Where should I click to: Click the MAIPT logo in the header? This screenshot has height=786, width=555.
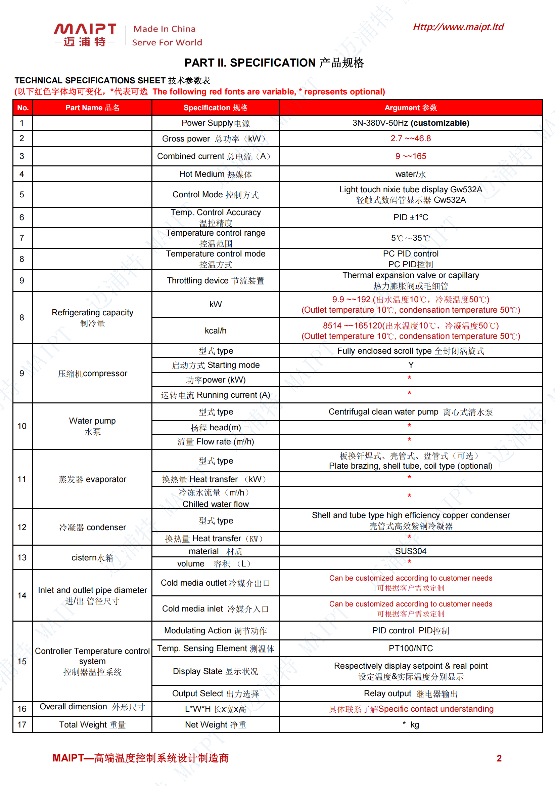click(85, 35)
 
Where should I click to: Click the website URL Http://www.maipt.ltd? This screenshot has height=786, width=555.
click(458, 27)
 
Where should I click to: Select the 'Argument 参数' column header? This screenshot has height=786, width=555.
click(410, 108)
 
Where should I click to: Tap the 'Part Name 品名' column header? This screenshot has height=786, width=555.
click(92, 108)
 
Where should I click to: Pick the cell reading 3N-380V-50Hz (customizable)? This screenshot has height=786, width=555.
click(410, 123)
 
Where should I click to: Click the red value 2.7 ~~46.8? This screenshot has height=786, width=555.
click(410, 138)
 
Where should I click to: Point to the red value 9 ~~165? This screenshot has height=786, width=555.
click(410, 156)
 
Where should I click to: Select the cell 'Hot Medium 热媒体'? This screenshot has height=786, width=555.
click(216, 174)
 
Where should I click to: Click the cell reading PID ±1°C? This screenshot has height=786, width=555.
click(410, 218)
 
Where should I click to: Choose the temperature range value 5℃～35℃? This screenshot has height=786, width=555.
click(410, 238)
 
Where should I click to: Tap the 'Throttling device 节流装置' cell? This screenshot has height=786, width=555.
click(216, 281)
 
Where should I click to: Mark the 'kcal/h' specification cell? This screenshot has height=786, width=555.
click(216, 331)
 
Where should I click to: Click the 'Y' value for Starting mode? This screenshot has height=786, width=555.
click(411, 365)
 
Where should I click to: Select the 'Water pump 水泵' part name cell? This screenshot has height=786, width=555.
click(92, 426)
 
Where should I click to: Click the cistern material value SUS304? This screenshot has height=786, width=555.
click(410, 551)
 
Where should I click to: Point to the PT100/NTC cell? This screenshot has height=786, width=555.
click(410, 649)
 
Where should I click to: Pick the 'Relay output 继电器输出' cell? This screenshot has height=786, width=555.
click(410, 694)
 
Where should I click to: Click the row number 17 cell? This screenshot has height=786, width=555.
click(22, 725)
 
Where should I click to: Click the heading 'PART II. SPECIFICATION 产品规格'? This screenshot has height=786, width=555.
click(274, 63)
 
